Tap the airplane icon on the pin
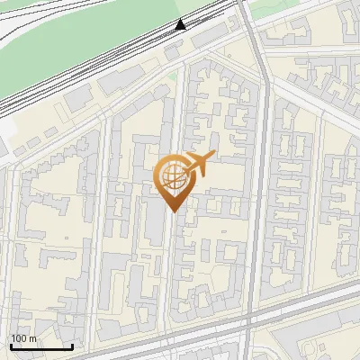pyautogui.click(x=200, y=162)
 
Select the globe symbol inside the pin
pyautogui.click(x=174, y=176)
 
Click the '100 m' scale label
pyautogui.click(x=23, y=338)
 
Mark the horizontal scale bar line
pyautogui.click(x=41, y=346)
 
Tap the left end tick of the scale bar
pyautogui.click(x=11, y=346)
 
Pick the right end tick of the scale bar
pyautogui.click(x=72, y=346)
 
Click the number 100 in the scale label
pyautogui.click(x=19, y=338)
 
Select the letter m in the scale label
pyautogui.click(x=32, y=338)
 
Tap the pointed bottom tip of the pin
pyautogui.click(x=174, y=211)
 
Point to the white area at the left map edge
pyautogui.click(x=4, y=135)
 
